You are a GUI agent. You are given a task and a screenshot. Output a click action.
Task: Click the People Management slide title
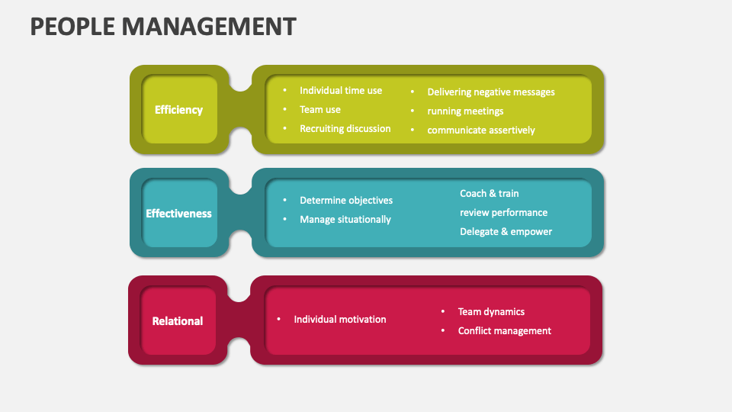pos(162,27)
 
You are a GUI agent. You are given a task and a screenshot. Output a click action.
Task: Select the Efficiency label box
pos(178,110)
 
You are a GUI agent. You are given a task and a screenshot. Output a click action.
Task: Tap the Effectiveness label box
pos(178,214)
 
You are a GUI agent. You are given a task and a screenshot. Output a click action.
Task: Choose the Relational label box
pos(178,321)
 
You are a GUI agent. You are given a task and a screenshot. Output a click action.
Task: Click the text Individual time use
pos(341,90)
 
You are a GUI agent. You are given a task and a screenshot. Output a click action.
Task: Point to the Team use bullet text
pos(320,109)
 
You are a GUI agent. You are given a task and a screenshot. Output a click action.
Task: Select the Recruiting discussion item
pos(345,128)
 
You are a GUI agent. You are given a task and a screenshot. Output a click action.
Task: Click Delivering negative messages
pos(491,92)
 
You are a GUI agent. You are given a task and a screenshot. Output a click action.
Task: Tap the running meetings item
pos(465,111)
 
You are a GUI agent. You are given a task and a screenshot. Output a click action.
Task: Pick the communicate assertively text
pos(481,130)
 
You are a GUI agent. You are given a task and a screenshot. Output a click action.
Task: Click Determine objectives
pos(346,200)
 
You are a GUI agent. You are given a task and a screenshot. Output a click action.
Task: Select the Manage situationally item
pos(345,219)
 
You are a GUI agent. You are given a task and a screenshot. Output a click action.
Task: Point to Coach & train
pos(490,194)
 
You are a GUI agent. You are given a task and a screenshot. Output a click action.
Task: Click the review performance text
pos(503,212)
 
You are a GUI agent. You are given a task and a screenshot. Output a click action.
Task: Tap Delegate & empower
pos(506,231)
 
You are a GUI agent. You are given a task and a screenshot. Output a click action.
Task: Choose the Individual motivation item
pos(340,319)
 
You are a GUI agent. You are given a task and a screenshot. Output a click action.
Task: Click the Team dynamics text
pos(491,311)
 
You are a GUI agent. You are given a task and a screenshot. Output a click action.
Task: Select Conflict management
pos(504,330)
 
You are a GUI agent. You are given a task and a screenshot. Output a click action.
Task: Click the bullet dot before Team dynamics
pos(443,311)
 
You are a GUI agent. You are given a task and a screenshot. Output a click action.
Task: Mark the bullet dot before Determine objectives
pos(284,200)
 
